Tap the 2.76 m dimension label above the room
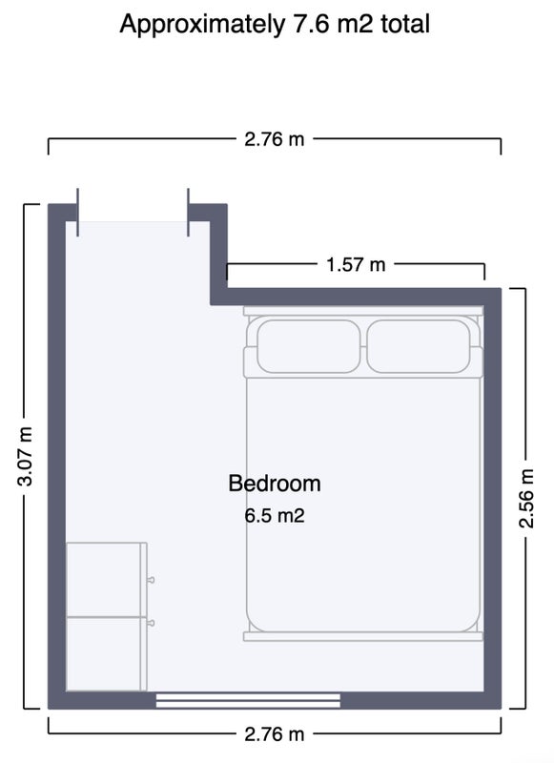(x=275, y=139)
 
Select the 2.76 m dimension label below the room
(x=275, y=733)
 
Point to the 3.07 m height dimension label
(x=25, y=456)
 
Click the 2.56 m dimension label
(x=526, y=498)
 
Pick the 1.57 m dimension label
(x=356, y=265)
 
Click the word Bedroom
(x=275, y=484)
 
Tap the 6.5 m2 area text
(x=275, y=515)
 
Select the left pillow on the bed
(x=309, y=346)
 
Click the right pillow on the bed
(x=419, y=346)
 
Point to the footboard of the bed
(x=363, y=636)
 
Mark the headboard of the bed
(x=363, y=311)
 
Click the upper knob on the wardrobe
(x=152, y=580)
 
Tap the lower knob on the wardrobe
(x=152, y=623)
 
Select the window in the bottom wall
(x=248, y=701)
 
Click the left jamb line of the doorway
(x=78, y=212)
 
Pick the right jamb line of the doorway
(x=188, y=212)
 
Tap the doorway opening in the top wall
(x=133, y=213)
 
